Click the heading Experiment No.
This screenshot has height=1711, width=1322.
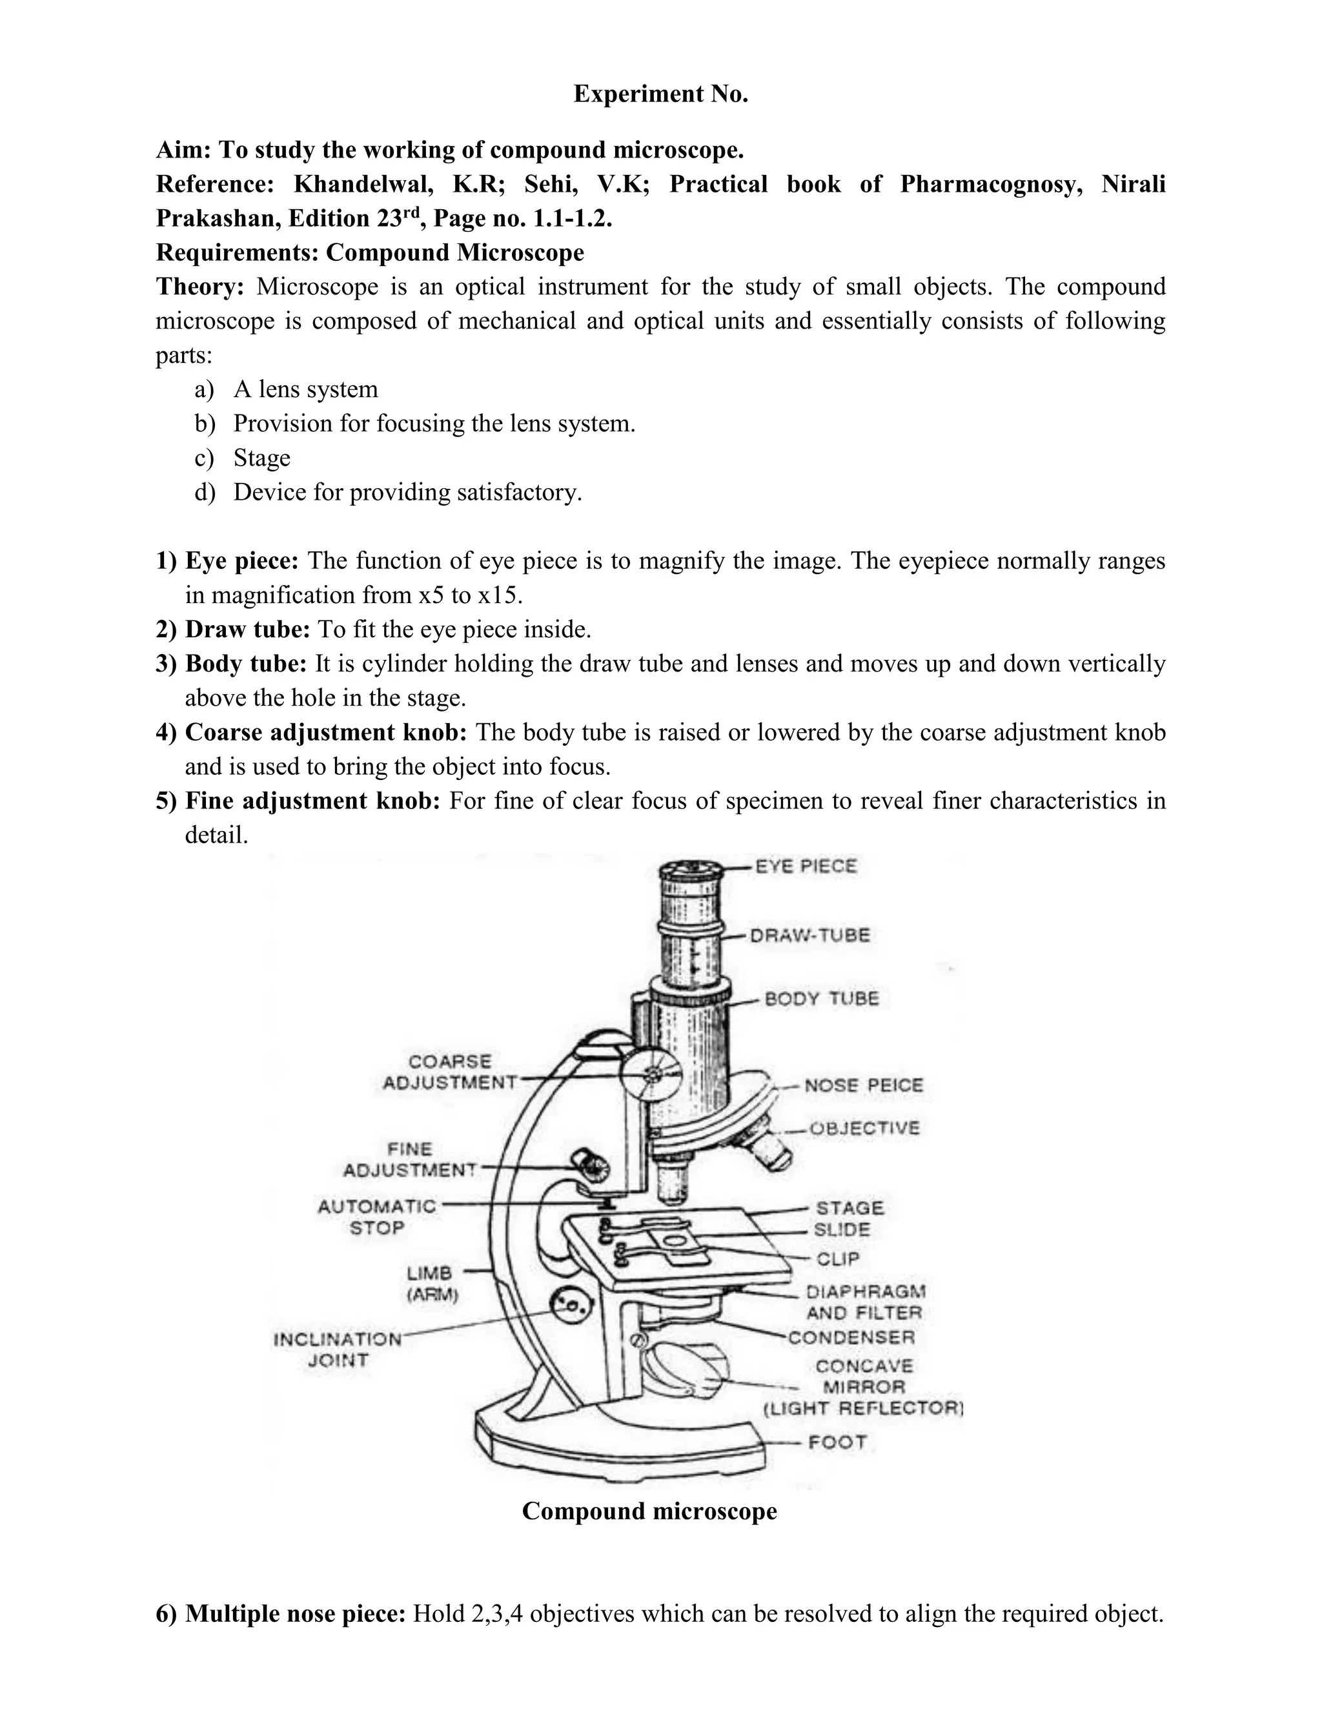(660, 94)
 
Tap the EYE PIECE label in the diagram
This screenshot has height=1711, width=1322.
(806, 866)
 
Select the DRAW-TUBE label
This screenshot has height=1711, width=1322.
(810, 936)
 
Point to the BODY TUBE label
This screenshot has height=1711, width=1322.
(822, 999)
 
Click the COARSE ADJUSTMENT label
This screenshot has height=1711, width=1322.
(449, 1072)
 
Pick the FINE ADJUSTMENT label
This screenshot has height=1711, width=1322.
(410, 1160)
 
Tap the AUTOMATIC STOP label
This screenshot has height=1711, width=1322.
(377, 1216)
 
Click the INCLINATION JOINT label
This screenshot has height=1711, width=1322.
(338, 1349)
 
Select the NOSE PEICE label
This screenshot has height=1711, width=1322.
(864, 1086)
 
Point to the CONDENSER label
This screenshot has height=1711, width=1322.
(851, 1337)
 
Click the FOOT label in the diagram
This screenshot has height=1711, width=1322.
(837, 1442)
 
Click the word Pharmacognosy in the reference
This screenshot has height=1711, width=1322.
(991, 184)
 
